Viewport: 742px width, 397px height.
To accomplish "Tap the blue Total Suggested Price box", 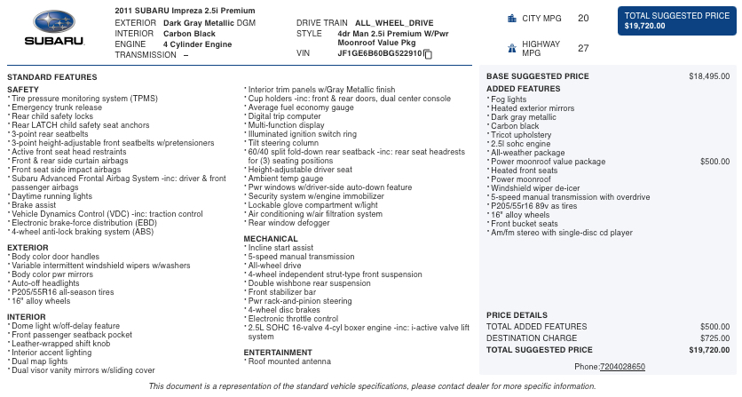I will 676,20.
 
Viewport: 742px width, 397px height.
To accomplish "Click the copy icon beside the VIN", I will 428,54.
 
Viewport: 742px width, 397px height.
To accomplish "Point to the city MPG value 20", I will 582,18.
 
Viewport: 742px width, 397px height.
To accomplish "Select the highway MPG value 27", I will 582,49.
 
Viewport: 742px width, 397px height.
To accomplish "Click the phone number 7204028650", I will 622,367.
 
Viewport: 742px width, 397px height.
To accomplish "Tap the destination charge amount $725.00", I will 714,338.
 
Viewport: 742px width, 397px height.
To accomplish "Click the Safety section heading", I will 22,90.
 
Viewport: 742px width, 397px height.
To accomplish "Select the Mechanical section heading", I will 271,239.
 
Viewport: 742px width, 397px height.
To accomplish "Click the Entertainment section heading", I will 278,353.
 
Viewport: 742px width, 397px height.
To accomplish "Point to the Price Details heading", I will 517,315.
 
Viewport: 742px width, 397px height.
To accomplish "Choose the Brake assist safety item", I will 35,204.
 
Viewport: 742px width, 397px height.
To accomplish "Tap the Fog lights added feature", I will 509,99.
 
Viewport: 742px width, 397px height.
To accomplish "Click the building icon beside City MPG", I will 511,18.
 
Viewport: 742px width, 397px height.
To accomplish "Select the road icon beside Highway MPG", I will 511,49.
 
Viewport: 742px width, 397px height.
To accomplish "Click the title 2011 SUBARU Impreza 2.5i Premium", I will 179,10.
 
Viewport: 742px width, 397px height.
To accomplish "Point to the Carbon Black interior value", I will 189,34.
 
